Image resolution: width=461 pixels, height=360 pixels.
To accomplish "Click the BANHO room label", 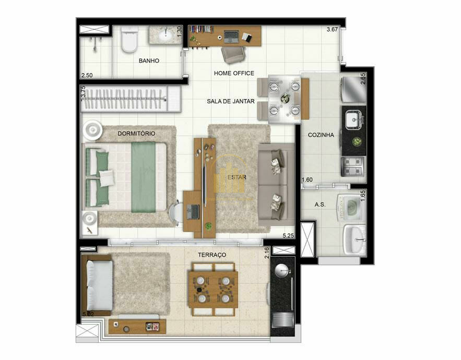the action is click(149, 61).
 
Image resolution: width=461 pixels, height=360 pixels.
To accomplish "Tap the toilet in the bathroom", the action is click(129, 39).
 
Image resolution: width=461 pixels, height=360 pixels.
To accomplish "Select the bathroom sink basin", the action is click(166, 35).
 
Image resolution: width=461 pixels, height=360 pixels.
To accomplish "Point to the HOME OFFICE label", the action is click(234, 73).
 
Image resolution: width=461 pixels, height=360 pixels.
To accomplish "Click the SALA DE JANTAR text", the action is click(231, 101).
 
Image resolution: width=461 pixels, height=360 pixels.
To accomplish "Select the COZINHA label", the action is click(321, 135).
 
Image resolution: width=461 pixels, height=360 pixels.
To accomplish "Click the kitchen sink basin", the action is click(353, 119).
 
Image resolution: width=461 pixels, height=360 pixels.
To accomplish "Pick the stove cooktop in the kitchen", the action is click(353, 166).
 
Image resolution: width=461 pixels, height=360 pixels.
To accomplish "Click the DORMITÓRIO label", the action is click(136, 134).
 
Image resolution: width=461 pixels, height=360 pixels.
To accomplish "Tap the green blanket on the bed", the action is click(144, 177).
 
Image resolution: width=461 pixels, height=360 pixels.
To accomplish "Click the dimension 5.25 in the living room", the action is click(288, 235).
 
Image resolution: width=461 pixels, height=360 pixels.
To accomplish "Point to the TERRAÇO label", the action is click(212, 255).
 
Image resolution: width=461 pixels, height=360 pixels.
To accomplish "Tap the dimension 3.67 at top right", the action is click(332, 29).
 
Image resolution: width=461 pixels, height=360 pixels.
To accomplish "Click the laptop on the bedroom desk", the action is click(193, 212).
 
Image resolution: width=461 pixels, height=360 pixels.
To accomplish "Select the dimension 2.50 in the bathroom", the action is click(87, 75).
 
